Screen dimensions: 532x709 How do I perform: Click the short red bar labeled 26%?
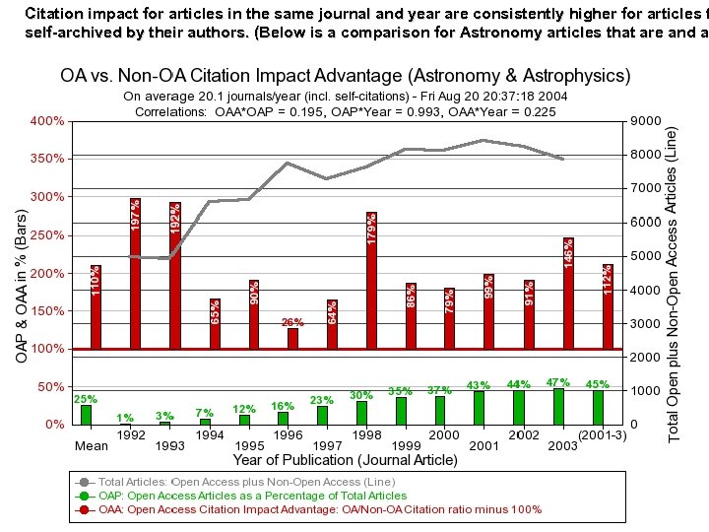coord(292,338)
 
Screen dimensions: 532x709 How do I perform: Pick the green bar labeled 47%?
coord(559,406)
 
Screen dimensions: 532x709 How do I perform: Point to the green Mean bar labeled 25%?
coord(87,415)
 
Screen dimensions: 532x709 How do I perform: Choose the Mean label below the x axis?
coord(92,446)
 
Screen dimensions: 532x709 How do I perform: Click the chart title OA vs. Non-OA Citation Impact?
coord(346,76)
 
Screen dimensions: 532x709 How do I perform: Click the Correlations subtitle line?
coord(346,111)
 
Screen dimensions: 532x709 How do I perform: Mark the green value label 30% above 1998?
coord(361,395)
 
